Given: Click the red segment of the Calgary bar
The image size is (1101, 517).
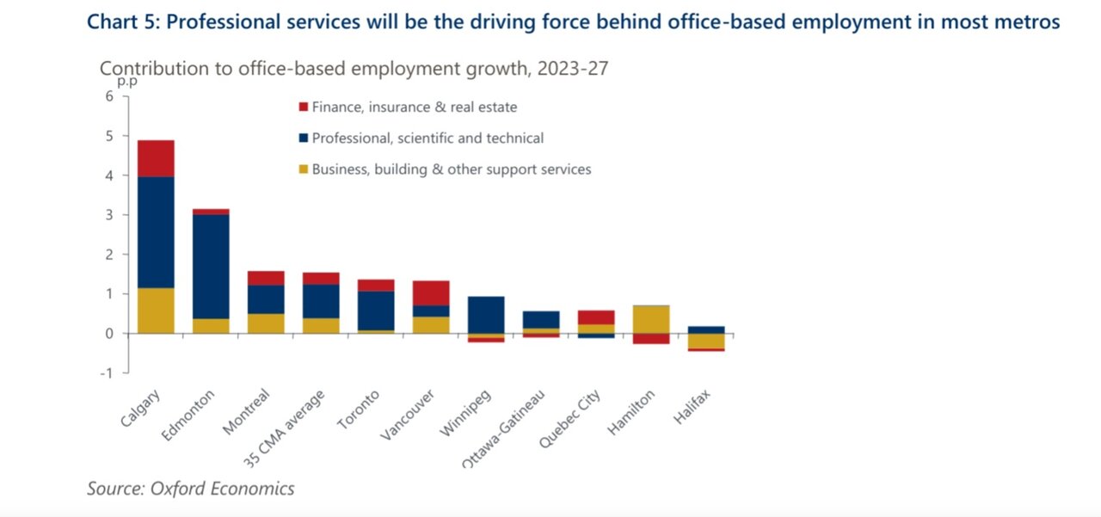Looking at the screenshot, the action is [x=156, y=158].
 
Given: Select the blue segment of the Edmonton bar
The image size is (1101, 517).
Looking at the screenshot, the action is [x=211, y=267].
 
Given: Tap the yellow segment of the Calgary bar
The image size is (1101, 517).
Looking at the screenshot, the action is [x=156, y=311].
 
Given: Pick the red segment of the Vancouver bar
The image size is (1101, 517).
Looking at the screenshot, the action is [x=431, y=293].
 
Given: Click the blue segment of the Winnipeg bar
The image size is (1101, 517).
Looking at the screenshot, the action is [x=486, y=315].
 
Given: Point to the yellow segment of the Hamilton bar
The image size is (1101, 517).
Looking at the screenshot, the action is [x=651, y=319].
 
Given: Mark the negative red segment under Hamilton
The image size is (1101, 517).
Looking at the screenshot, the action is [x=651, y=339].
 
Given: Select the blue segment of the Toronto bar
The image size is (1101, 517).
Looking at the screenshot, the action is [x=376, y=311].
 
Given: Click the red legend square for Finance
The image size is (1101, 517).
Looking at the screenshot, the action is [x=304, y=107].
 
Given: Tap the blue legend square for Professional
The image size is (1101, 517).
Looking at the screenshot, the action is [x=304, y=138].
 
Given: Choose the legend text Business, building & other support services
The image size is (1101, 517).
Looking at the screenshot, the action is [x=452, y=169].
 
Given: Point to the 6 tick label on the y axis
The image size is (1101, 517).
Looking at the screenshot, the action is [x=109, y=95].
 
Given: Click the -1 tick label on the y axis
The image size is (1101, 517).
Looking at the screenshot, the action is [x=107, y=373].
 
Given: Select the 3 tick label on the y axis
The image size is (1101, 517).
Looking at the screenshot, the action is [x=109, y=215].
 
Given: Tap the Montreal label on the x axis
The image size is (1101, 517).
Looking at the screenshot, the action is [x=246, y=411].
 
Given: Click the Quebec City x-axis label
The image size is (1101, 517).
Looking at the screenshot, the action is [x=570, y=418].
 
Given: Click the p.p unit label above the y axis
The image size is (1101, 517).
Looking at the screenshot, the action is [x=127, y=82].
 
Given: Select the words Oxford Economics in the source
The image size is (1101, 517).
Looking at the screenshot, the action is [x=222, y=489].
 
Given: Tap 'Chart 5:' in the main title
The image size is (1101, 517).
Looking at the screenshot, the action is [x=124, y=22].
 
